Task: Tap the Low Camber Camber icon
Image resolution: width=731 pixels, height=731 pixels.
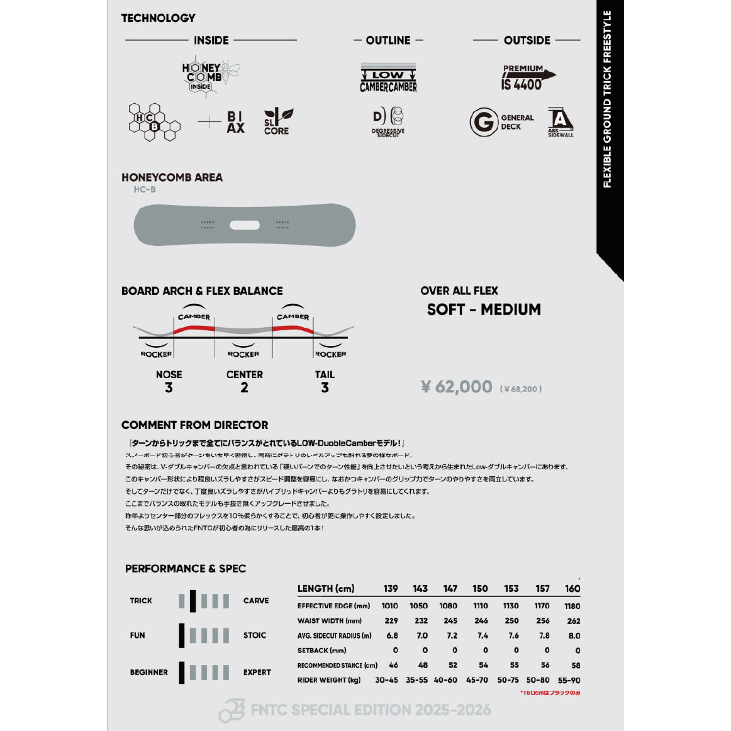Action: (x=388, y=78)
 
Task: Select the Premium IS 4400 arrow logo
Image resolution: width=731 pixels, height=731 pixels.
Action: (x=527, y=77)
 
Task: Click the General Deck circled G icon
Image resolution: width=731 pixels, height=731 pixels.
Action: (x=483, y=122)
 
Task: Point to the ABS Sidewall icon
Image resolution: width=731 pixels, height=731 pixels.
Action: (x=560, y=121)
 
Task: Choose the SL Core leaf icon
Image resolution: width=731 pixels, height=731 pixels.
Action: (x=277, y=121)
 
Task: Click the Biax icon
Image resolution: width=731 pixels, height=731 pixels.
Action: (x=235, y=122)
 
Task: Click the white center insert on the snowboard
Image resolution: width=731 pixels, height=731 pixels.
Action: (x=245, y=225)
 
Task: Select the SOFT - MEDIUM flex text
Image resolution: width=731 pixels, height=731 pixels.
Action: (x=484, y=310)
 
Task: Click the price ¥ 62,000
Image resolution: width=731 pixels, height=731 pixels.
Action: (x=457, y=386)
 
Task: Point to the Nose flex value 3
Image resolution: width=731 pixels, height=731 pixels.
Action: (x=169, y=388)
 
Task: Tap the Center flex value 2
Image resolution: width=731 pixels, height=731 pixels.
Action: (x=244, y=388)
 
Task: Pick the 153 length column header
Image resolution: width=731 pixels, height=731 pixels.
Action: (x=511, y=589)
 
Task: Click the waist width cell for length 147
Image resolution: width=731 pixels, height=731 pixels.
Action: (x=450, y=621)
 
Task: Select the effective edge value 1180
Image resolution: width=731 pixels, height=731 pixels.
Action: (x=572, y=606)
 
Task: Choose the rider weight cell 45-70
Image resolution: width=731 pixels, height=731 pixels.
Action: (x=477, y=680)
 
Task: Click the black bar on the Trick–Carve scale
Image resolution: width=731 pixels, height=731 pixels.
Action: (x=193, y=601)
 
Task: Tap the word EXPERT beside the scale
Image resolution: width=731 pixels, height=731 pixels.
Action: (x=257, y=672)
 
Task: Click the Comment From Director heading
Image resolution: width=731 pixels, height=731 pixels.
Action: (x=195, y=425)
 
